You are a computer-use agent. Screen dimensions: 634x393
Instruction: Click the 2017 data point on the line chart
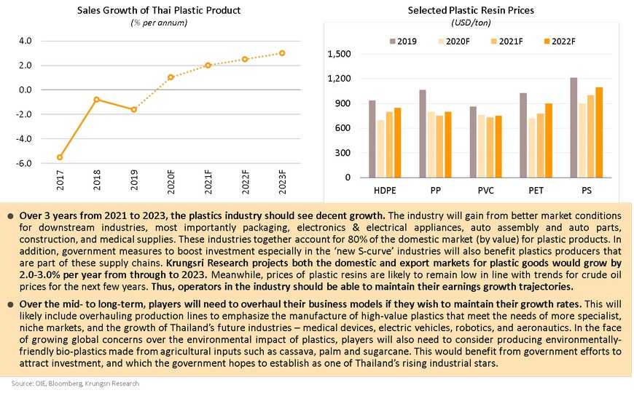pos(60,157)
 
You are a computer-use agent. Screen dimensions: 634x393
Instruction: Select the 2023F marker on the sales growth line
pos(282,53)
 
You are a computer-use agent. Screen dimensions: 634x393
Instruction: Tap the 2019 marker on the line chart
pos(134,109)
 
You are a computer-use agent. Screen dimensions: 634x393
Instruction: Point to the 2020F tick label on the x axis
pos(171,182)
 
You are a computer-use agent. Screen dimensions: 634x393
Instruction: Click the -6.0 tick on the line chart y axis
pos(24,163)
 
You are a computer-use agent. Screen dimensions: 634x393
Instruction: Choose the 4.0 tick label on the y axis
pos(25,41)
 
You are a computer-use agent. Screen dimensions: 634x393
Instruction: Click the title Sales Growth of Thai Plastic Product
pos(159,10)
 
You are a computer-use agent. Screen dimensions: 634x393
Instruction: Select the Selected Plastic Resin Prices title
pos(471,10)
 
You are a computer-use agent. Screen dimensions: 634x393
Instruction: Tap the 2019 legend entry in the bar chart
pos(403,41)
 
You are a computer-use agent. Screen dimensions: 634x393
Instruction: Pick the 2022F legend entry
pos(560,41)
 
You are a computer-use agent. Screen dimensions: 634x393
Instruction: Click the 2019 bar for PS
pos(574,127)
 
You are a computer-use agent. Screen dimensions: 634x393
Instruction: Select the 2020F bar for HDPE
pos(380,148)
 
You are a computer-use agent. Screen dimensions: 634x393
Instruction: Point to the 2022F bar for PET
pos(549,140)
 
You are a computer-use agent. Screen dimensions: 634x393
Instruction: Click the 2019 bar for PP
pos(423,134)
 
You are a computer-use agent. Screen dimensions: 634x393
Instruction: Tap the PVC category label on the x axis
pos(485,190)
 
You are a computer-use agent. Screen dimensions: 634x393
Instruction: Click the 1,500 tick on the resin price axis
pos(339,54)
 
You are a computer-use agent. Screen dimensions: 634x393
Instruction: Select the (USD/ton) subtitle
pos(471,23)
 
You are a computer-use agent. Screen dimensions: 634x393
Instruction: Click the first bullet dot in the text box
pos(10,216)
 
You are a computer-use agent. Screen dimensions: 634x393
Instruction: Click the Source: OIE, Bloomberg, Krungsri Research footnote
pos(75,384)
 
